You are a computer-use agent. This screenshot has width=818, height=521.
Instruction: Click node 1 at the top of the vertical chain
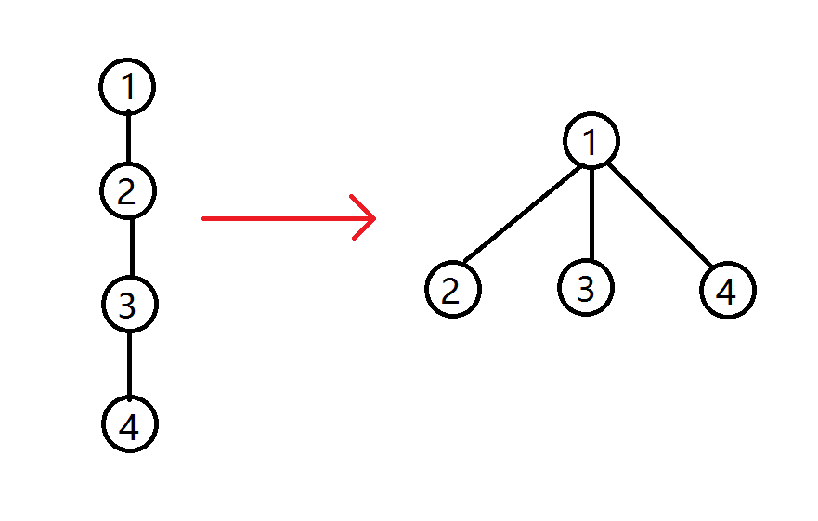pos(127,87)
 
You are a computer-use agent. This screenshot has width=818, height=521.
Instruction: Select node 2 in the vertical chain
pos(127,191)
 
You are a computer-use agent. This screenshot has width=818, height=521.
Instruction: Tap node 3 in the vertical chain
pos(129,304)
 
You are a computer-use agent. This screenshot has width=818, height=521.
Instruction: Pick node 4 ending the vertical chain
pos(130,424)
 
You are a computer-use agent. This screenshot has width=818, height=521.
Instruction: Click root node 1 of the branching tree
pos(591,141)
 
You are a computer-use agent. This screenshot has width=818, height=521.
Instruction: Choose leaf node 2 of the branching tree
pos(452,289)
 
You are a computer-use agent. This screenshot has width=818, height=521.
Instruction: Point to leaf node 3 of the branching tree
pos(586,287)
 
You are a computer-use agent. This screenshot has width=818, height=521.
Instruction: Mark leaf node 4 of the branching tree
pos(728,291)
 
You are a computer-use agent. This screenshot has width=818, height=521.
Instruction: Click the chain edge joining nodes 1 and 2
pos(128,138)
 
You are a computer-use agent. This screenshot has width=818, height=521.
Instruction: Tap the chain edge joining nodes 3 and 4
pos(129,363)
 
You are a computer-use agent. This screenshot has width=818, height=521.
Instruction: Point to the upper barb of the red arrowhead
pos(362,207)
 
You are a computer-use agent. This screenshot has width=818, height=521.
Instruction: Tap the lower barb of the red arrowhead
pos(364,229)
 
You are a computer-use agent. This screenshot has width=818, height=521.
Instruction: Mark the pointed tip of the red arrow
pos(374,219)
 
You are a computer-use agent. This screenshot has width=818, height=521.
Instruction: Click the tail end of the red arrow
pos(204,219)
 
